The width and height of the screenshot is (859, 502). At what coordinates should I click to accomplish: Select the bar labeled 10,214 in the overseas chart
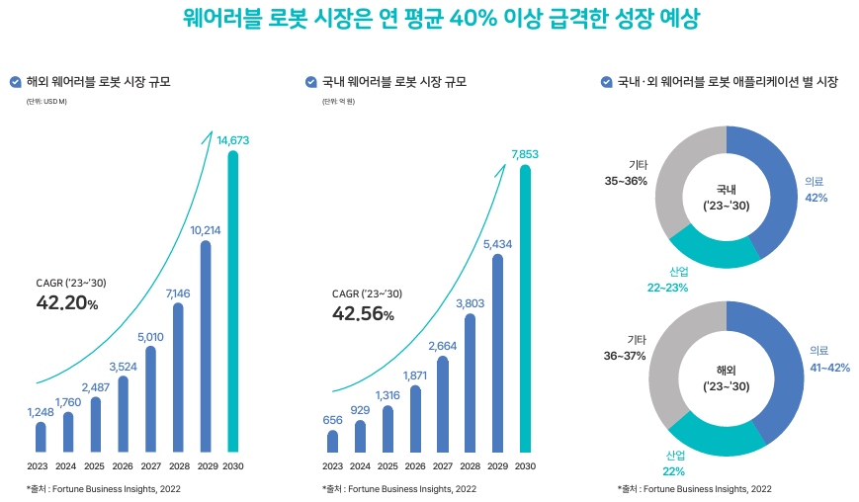(206, 346)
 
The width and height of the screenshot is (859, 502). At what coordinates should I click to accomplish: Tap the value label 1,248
(41, 411)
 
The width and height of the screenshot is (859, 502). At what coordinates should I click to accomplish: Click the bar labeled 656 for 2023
(332, 441)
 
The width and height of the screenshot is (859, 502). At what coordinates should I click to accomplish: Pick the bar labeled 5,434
(497, 354)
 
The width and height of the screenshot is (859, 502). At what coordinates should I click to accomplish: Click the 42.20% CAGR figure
(67, 303)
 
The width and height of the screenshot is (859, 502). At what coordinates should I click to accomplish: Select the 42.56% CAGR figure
(363, 314)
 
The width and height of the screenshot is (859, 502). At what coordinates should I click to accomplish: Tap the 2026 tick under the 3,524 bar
(123, 466)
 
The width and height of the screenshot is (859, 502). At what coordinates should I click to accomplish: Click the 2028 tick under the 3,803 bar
(470, 466)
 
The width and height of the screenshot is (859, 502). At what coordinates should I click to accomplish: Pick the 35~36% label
(627, 181)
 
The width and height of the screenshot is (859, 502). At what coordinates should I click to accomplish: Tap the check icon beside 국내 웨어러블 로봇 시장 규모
(311, 82)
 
